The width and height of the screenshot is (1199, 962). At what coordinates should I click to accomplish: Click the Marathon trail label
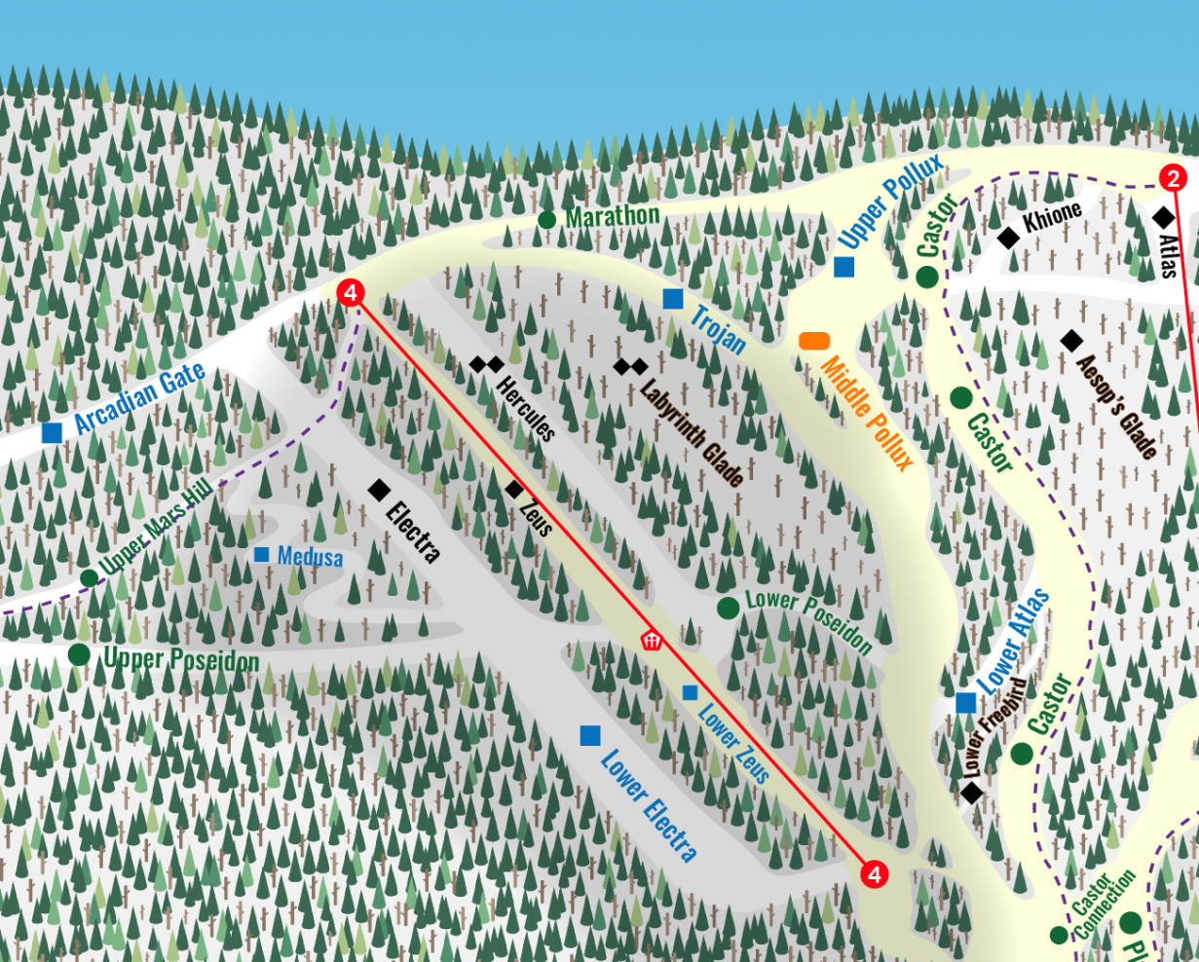(612, 215)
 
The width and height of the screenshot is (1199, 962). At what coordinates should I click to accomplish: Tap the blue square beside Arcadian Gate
(53, 433)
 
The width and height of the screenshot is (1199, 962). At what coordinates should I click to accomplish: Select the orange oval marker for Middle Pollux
(814, 341)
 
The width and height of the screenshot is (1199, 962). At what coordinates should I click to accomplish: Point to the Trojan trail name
(719, 329)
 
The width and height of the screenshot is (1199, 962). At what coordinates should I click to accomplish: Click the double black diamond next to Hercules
(486, 364)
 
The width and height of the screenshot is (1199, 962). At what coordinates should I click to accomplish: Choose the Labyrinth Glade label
(693, 430)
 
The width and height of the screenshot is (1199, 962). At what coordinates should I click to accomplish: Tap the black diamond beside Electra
(379, 491)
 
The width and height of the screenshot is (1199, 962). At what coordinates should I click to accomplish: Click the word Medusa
(310, 557)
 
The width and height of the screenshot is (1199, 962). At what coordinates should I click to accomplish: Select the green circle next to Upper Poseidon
(79, 653)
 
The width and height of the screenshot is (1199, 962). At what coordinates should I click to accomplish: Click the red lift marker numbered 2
(1173, 178)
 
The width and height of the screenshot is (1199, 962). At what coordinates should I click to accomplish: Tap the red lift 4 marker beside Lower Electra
(874, 874)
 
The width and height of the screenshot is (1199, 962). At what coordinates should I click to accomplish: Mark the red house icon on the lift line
(651, 640)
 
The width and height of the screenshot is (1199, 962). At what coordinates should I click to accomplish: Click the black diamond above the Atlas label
(1163, 216)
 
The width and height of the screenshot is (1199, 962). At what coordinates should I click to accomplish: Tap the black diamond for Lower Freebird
(971, 793)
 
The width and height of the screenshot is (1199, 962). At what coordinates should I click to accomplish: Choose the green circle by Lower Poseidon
(728, 608)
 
